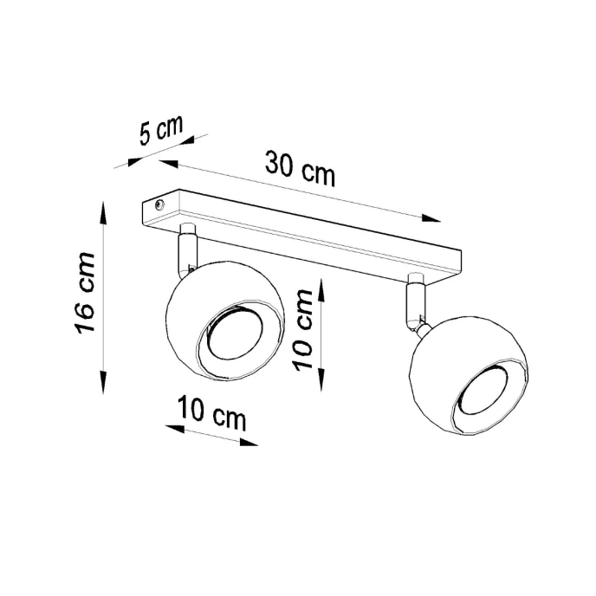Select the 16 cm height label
(x=84, y=294)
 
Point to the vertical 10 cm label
(x=303, y=329)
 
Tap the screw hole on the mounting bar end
(x=159, y=205)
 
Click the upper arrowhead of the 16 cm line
(x=104, y=210)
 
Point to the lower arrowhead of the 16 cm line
(x=104, y=386)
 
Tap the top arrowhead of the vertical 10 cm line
(x=321, y=285)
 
